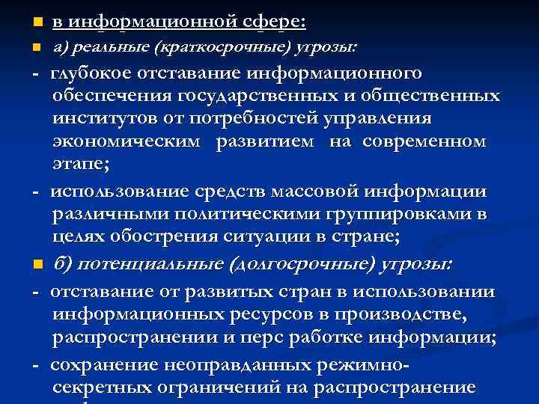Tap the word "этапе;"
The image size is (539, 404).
tap(78, 165)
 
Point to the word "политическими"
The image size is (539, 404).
tap(210, 215)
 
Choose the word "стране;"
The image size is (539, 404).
tap(370, 237)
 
